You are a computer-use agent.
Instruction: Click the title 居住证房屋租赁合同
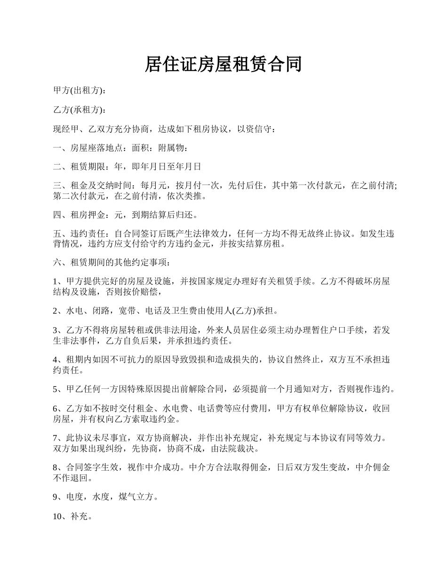point(223,64)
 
